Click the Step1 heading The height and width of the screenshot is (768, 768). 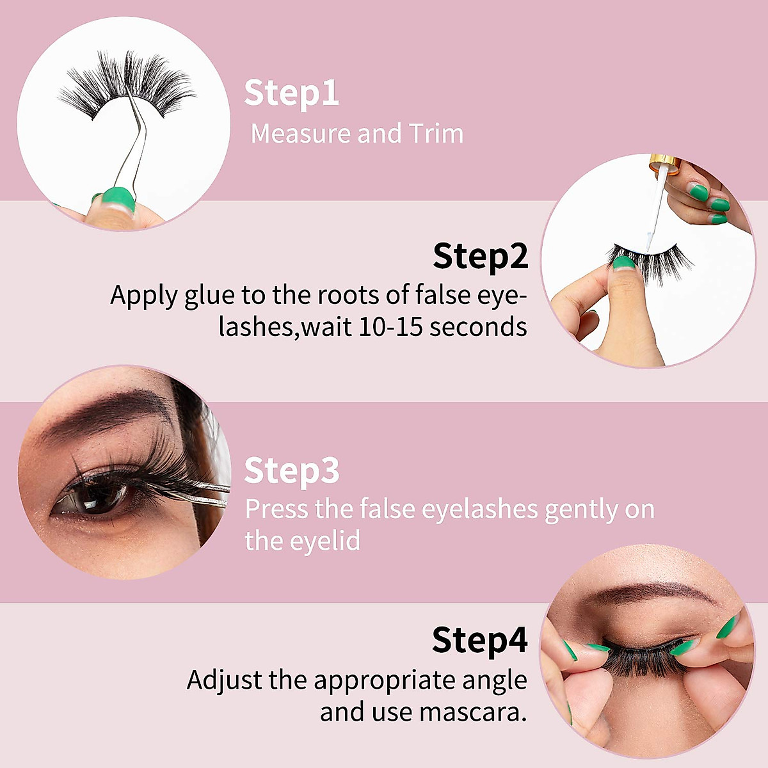pyautogui.click(x=291, y=94)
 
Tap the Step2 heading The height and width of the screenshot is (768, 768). pyautogui.click(x=480, y=257)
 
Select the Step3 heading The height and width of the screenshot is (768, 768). pyautogui.click(x=291, y=471)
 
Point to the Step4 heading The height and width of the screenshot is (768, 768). pyautogui.click(x=479, y=640)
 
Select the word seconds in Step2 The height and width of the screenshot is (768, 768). pyautogui.click(x=478, y=327)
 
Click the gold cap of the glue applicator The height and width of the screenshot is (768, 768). pyautogui.click(x=663, y=164)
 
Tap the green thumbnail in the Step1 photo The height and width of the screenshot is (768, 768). pyautogui.click(x=116, y=199)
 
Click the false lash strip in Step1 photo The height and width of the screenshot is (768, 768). pyautogui.click(x=128, y=90)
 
